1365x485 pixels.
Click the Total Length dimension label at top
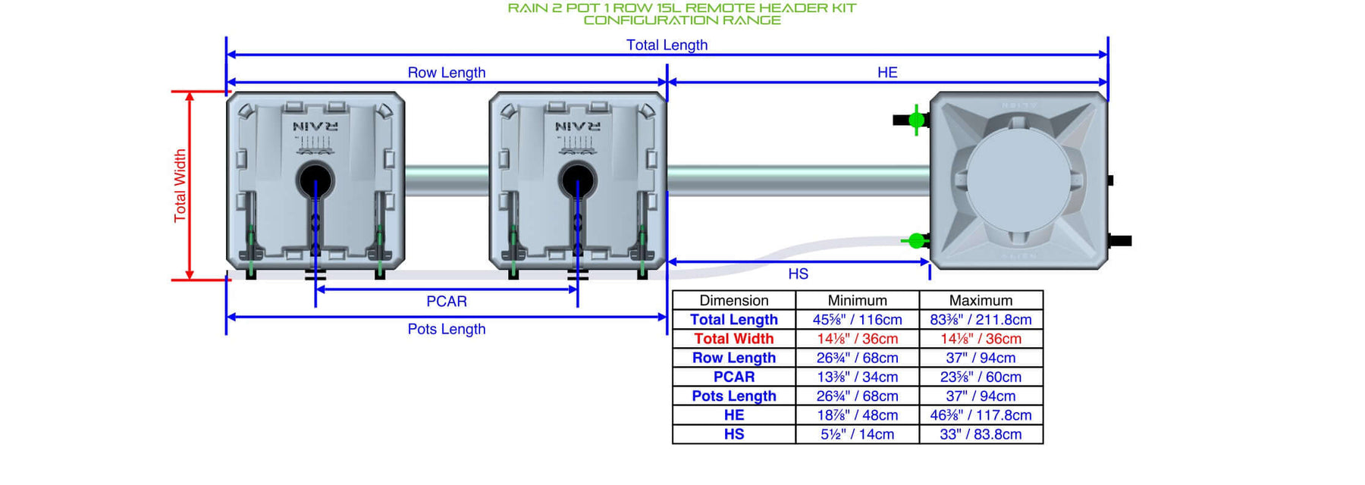[x=667, y=45]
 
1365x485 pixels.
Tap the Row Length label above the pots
[x=447, y=73]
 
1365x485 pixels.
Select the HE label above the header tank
[x=887, y=72]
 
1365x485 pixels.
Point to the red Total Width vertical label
[x=180, y=186]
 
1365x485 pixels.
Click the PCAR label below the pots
[x=447, y=302]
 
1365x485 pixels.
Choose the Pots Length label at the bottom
[x=447, y=329]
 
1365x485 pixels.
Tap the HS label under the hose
[x=798, y=274]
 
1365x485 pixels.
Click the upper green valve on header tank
[x=916, y=120]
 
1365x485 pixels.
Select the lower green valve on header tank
[x=916, y=241]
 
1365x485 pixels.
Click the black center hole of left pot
[x=315, y=181]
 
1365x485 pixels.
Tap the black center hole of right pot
[x=577, y=181]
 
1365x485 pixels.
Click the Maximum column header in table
[x=981, y=300]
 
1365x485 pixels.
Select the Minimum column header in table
[x=857, y=300]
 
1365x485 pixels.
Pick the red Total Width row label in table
[x=733, y=339]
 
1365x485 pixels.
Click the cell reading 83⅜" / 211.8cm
[x=981, y=320]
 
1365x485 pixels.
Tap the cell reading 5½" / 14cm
[x=857, y=434]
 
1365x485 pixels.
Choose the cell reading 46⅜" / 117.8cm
[x=981, y=415]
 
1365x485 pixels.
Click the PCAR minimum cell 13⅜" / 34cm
[x=857, y=377]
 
